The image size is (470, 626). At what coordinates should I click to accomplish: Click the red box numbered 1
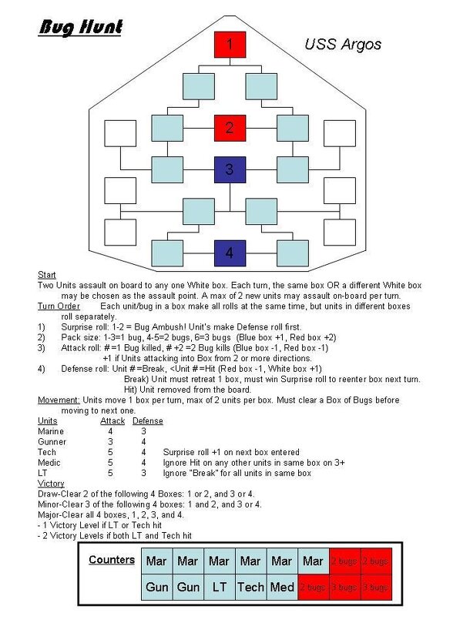click(x=229, y=45)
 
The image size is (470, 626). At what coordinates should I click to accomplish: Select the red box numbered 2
click(x=229, y=127)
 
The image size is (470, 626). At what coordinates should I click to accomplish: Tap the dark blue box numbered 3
click(x=229, y=169)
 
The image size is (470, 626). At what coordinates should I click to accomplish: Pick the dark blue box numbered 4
click(x=229, y=252)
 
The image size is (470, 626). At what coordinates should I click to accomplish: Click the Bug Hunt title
click(x=80, y=28)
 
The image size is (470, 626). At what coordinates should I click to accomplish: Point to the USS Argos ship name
click(x=342, y=44)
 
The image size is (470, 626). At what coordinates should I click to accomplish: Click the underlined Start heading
click(x=46, y=275)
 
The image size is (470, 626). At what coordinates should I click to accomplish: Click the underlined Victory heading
click(x=51, y=483)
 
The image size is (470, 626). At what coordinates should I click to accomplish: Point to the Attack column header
click(x=112, y=421)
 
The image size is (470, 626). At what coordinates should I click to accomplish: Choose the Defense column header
click(x=147, y=421)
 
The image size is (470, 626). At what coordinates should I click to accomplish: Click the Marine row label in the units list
click(x=52, y=431)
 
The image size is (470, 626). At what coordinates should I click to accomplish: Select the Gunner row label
click(x=52, y=442)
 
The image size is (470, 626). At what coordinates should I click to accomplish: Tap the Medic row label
click(x=49, y=463)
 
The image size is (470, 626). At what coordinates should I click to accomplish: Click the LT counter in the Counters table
click(x=219, y=587)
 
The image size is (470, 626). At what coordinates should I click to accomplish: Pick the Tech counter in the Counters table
click(x=250, y=587)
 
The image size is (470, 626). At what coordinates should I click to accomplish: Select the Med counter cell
click(x=282, y=587)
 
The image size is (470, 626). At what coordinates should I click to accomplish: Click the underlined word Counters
click(x=112, y=560)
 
